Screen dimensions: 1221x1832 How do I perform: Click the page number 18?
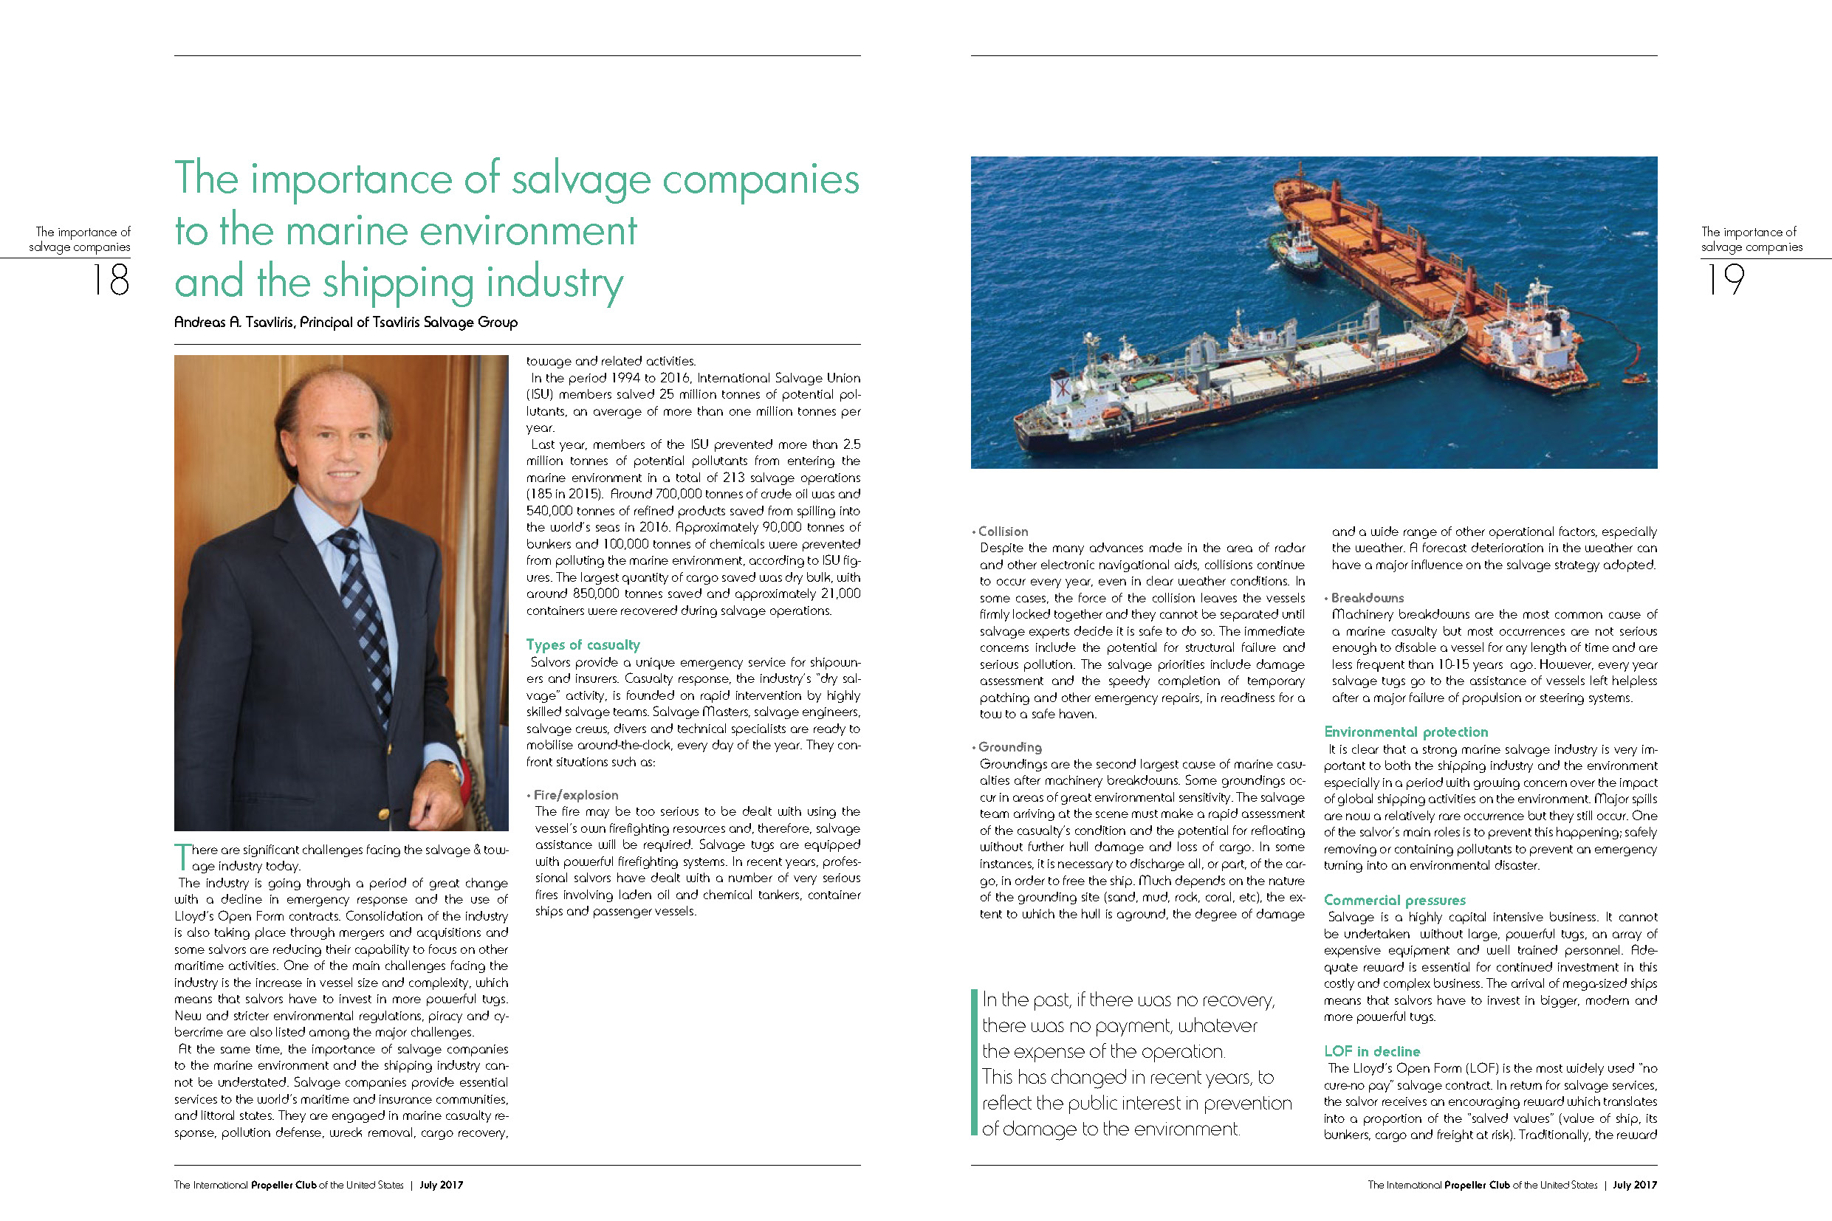pyautogui.click(x=111, y=280)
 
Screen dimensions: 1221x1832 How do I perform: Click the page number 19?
pyautogui.click(x=1724, y=280)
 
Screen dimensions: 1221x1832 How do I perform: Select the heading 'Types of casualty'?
pyautogui.click(x=583, y=644)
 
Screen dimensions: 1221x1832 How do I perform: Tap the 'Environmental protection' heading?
pyautogui.click(x=1405, y=732)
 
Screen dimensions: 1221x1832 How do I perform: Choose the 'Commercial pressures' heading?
pyautogui.click(x=1394, y=900)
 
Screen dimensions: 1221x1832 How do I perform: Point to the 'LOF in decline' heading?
pyautogui.click(x=1372, y=1051)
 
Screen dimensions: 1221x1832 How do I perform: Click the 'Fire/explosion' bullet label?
pyautogui.click(x=576, y=795)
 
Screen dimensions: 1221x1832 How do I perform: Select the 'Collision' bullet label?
pyautogui.click(x=1003, y=532)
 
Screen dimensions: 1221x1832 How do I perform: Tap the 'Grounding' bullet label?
pyautogui.click(x=1009, y=748)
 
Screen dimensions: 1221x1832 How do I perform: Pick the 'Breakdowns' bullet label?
pyautogui.click(x=1367, y=598)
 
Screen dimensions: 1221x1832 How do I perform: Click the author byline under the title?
pyautogui.click(x=346, y=323)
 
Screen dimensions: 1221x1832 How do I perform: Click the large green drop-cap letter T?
pyautogui.click(x=182, y=856)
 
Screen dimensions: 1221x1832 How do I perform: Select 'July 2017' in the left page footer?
pyautogui.click(x=441, y=1185)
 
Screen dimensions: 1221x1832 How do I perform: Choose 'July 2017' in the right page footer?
pyautogui.click(x=1634, y=1185)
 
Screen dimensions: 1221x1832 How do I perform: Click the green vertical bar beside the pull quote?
pyautogui.click(x=974, y=1062)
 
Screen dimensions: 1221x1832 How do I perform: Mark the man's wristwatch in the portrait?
pyautogui.click(x=455, y=770)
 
